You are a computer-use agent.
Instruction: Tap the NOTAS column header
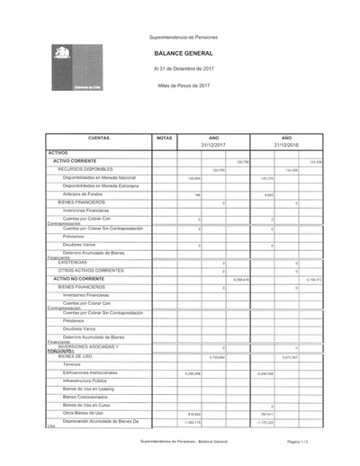(x=164, y=138)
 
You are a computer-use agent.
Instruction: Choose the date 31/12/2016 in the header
(x=286, y=145)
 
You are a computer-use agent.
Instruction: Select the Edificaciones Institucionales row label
(x=90, y=372)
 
